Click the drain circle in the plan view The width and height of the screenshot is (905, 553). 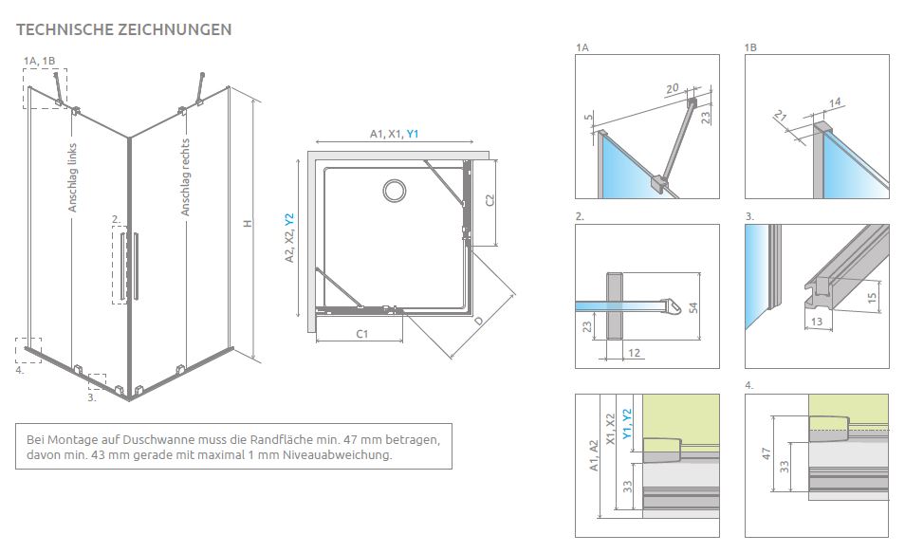pos(394,191)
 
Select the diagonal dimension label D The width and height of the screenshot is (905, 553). pos(478,321)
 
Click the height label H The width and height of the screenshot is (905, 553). pos(246,224)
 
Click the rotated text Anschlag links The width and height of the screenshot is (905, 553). pos(72,176)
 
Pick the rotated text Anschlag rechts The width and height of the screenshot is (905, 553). pos(186,177)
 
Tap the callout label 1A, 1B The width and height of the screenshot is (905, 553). pos(40,61)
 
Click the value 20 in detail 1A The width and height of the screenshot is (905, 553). pos(672,89)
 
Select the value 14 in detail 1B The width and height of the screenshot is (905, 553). pos(835,101)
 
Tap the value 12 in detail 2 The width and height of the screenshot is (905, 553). pos(635,353)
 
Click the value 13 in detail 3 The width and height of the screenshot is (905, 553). pos(817,322)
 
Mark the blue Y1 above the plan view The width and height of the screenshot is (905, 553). pos(413,135)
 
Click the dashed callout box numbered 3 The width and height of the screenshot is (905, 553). pos(97,381)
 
